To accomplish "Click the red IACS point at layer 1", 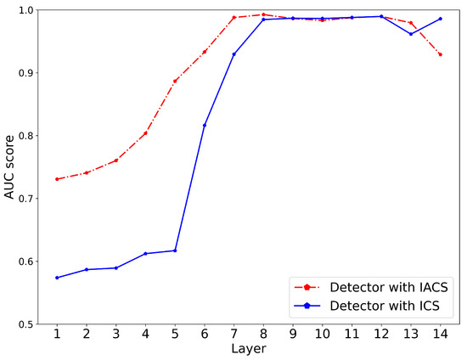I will coord(57,179).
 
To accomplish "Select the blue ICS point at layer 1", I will coord(57,278).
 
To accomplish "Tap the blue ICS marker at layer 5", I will coord(175,250).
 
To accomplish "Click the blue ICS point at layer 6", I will coord(205,125).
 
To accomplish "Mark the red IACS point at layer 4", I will coord(145,132).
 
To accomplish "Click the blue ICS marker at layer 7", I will coord(234,54).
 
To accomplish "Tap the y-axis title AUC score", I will coord(10,167).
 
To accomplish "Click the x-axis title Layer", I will coord(249,350).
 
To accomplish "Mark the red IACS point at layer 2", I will coord(87,172).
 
